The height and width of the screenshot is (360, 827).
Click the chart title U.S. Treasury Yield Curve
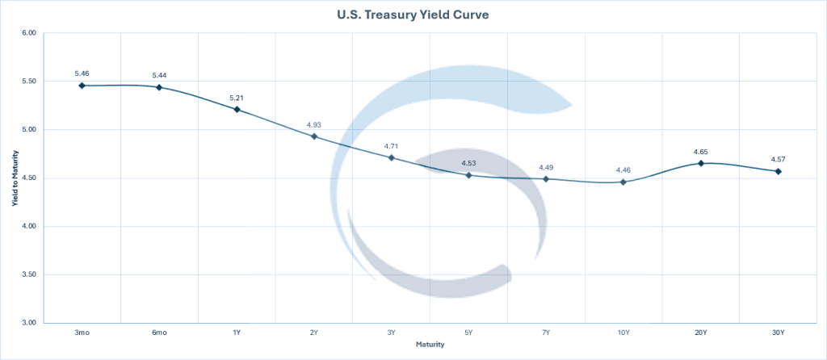(x=413, y=15)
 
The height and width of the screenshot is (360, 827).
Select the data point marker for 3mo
(x=82, y=85)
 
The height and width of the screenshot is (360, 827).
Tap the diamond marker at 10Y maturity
(x=623, y=182)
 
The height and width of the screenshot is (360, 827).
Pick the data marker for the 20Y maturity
(x=701, y=163)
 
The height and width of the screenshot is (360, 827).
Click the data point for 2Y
(x=314, y=136)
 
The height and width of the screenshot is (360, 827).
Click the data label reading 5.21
(x=237, y=98)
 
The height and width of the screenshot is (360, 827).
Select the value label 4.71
(x=392, y=146)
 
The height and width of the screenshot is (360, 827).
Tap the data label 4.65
(x=701, y=152)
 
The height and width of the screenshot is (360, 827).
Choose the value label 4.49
(x=547, y=167)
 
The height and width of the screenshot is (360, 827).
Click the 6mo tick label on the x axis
(x=159, y=333)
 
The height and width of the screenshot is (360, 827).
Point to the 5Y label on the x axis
(x=469, y=333)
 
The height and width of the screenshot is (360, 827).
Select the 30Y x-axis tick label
(x=779, y=333)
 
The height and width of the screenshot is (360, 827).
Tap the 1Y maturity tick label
(x=237, y=333)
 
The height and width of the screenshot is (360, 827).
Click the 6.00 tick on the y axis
(x=29, y=33)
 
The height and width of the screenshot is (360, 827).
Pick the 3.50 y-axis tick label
(x=29, y=274)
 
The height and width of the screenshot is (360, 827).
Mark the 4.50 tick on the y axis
(x=29, y=178)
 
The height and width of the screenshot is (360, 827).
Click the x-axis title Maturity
(x=430, y=345)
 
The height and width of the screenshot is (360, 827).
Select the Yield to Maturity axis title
(x=14, y=178)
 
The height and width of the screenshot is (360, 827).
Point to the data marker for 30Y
(x=779, y=171)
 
